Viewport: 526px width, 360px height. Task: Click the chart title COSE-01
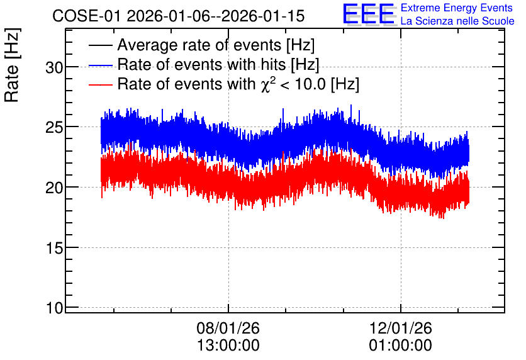[x=86, y=16]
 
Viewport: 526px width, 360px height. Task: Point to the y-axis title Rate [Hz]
[x=12, y=65]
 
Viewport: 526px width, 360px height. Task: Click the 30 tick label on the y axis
[x=55, y=67]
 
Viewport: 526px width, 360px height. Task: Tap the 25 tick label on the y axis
[x=55, y=128]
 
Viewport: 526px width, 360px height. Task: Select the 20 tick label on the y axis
[x=55, y=188]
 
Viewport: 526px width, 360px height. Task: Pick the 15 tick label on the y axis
[x=55, y=248]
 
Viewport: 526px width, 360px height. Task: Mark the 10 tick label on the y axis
[x=55, y=308]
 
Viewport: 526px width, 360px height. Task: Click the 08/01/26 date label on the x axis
[x=228, y=328]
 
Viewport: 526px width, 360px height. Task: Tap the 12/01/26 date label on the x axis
[x=401, y=328]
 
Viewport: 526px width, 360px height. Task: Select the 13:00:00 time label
[x=228, y=346]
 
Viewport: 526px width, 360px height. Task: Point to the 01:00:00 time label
[x=401, y=346]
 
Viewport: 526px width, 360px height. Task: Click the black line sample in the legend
[x=101, y=45]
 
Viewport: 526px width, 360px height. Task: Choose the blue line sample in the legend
[x=101, y=65]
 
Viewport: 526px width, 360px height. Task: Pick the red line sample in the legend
[x=101, y=84]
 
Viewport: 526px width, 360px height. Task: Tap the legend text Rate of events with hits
[x=201, y=64]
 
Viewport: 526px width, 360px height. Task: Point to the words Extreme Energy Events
[x=457, y=8]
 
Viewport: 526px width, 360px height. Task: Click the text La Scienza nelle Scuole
[x=457, y=21]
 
